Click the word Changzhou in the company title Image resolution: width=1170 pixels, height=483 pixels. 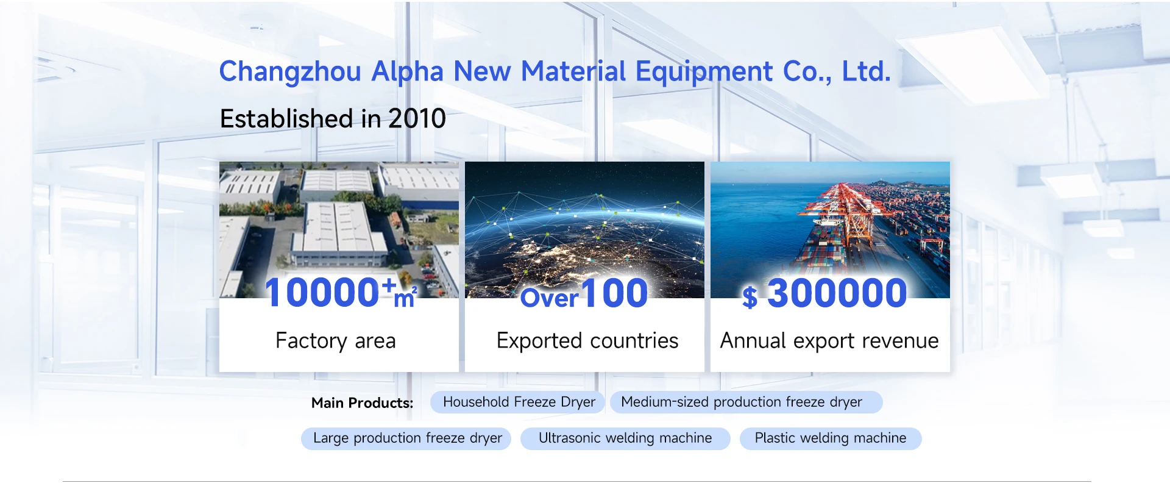(x=290, y=72)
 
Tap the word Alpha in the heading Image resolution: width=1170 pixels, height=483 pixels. (x=407, y=72)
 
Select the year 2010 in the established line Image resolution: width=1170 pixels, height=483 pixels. (x=417, y=118)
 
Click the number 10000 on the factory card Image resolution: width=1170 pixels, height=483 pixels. (x=322, y=292)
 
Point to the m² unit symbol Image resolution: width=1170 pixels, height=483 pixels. (x=405, y=296)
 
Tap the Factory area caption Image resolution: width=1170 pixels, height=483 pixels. (x=336, y=341)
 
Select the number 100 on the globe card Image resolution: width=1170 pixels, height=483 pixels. (x=614, y=293)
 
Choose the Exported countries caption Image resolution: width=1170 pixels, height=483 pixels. (x=587, y=341)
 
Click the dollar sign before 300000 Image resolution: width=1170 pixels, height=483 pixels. (x=750, y=298)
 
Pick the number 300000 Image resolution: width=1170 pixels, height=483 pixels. (x=837, y=293)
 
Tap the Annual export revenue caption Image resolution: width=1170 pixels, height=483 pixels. (x=829, y=341)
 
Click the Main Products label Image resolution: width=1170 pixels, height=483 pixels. (x=362, y=403)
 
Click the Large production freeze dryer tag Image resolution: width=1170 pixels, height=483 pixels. (x=406, y=438)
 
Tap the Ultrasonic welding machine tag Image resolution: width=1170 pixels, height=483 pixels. (x=625, y=438)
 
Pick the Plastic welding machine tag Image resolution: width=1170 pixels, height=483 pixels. (x=831, y=438)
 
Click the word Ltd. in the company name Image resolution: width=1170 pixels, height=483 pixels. (x=866, y=71)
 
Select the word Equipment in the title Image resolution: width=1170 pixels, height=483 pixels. (x=704, y=72)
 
